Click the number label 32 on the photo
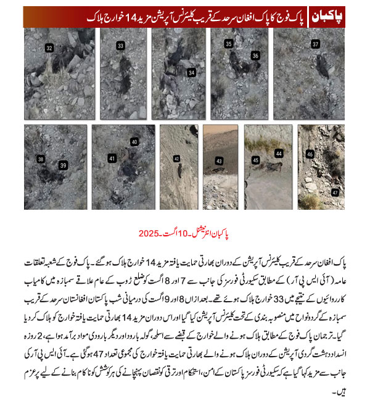49,48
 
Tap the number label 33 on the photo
120,46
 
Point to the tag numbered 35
229,44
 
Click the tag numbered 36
255,56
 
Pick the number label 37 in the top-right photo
315,44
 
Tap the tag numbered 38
41,159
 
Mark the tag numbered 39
63,165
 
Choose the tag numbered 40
134,142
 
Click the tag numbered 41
112,159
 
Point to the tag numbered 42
176,159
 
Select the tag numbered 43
218,161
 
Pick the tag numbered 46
310,154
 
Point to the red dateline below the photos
185,234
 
